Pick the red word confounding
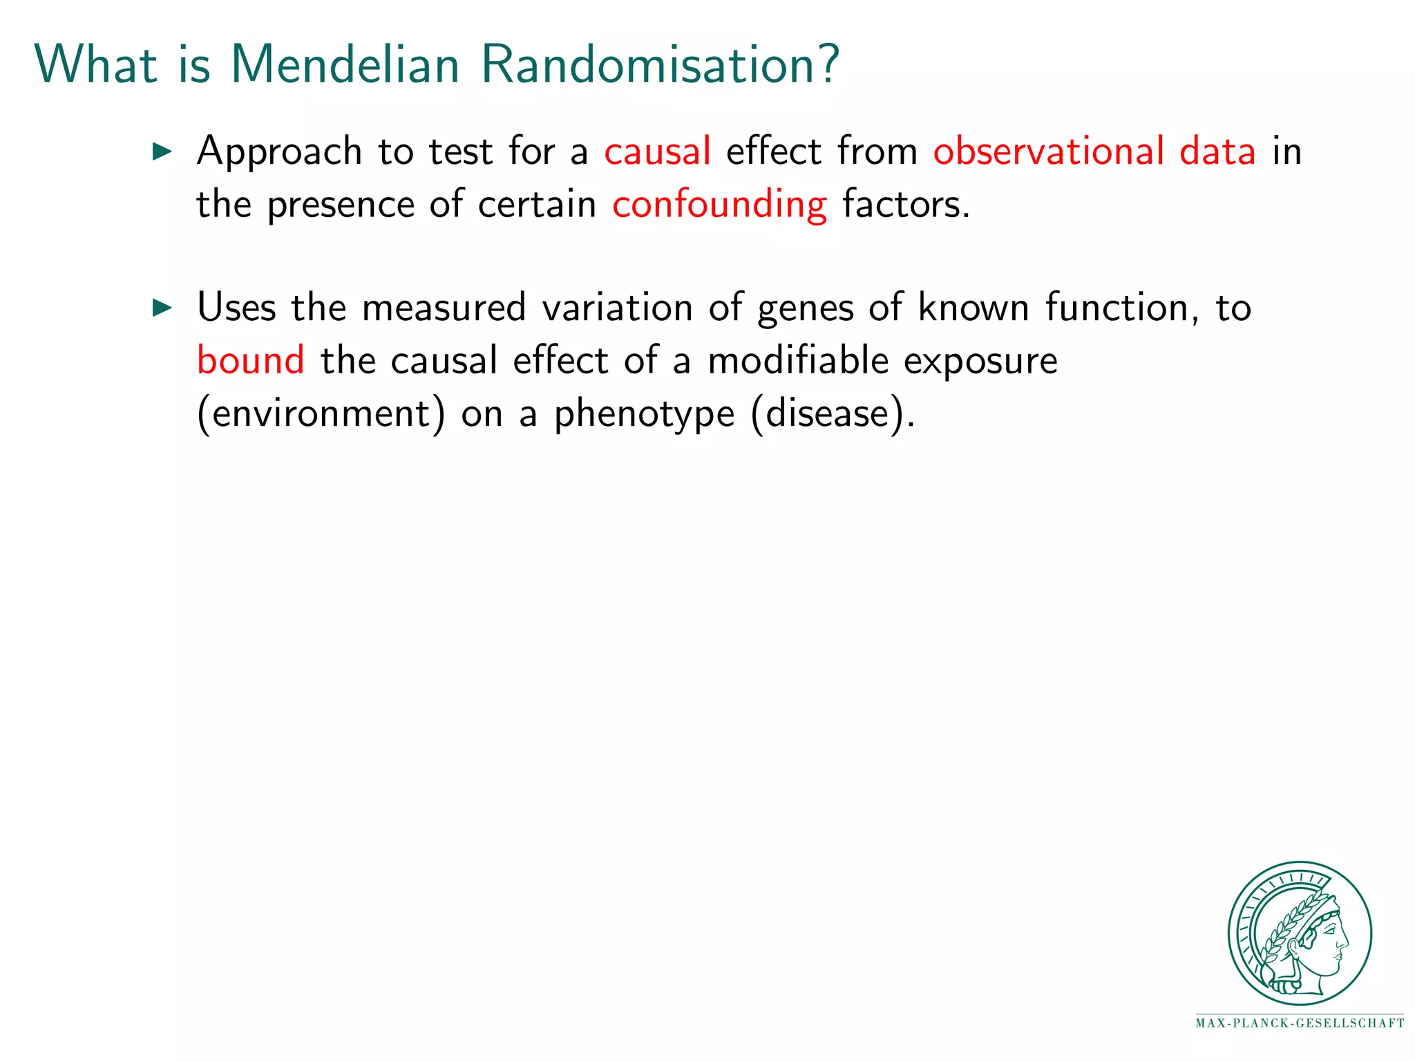[719, 205]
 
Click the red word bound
[250, 360]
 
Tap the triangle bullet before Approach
[162, 151]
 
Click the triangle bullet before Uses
[162, 308]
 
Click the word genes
[805, 309]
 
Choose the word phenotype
[644, 415]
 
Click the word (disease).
[833, 413]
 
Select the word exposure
[980, 362]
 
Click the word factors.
[906, 205]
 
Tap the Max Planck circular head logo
[1299, 933]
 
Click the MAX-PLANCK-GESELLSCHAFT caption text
[1299, 1023]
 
